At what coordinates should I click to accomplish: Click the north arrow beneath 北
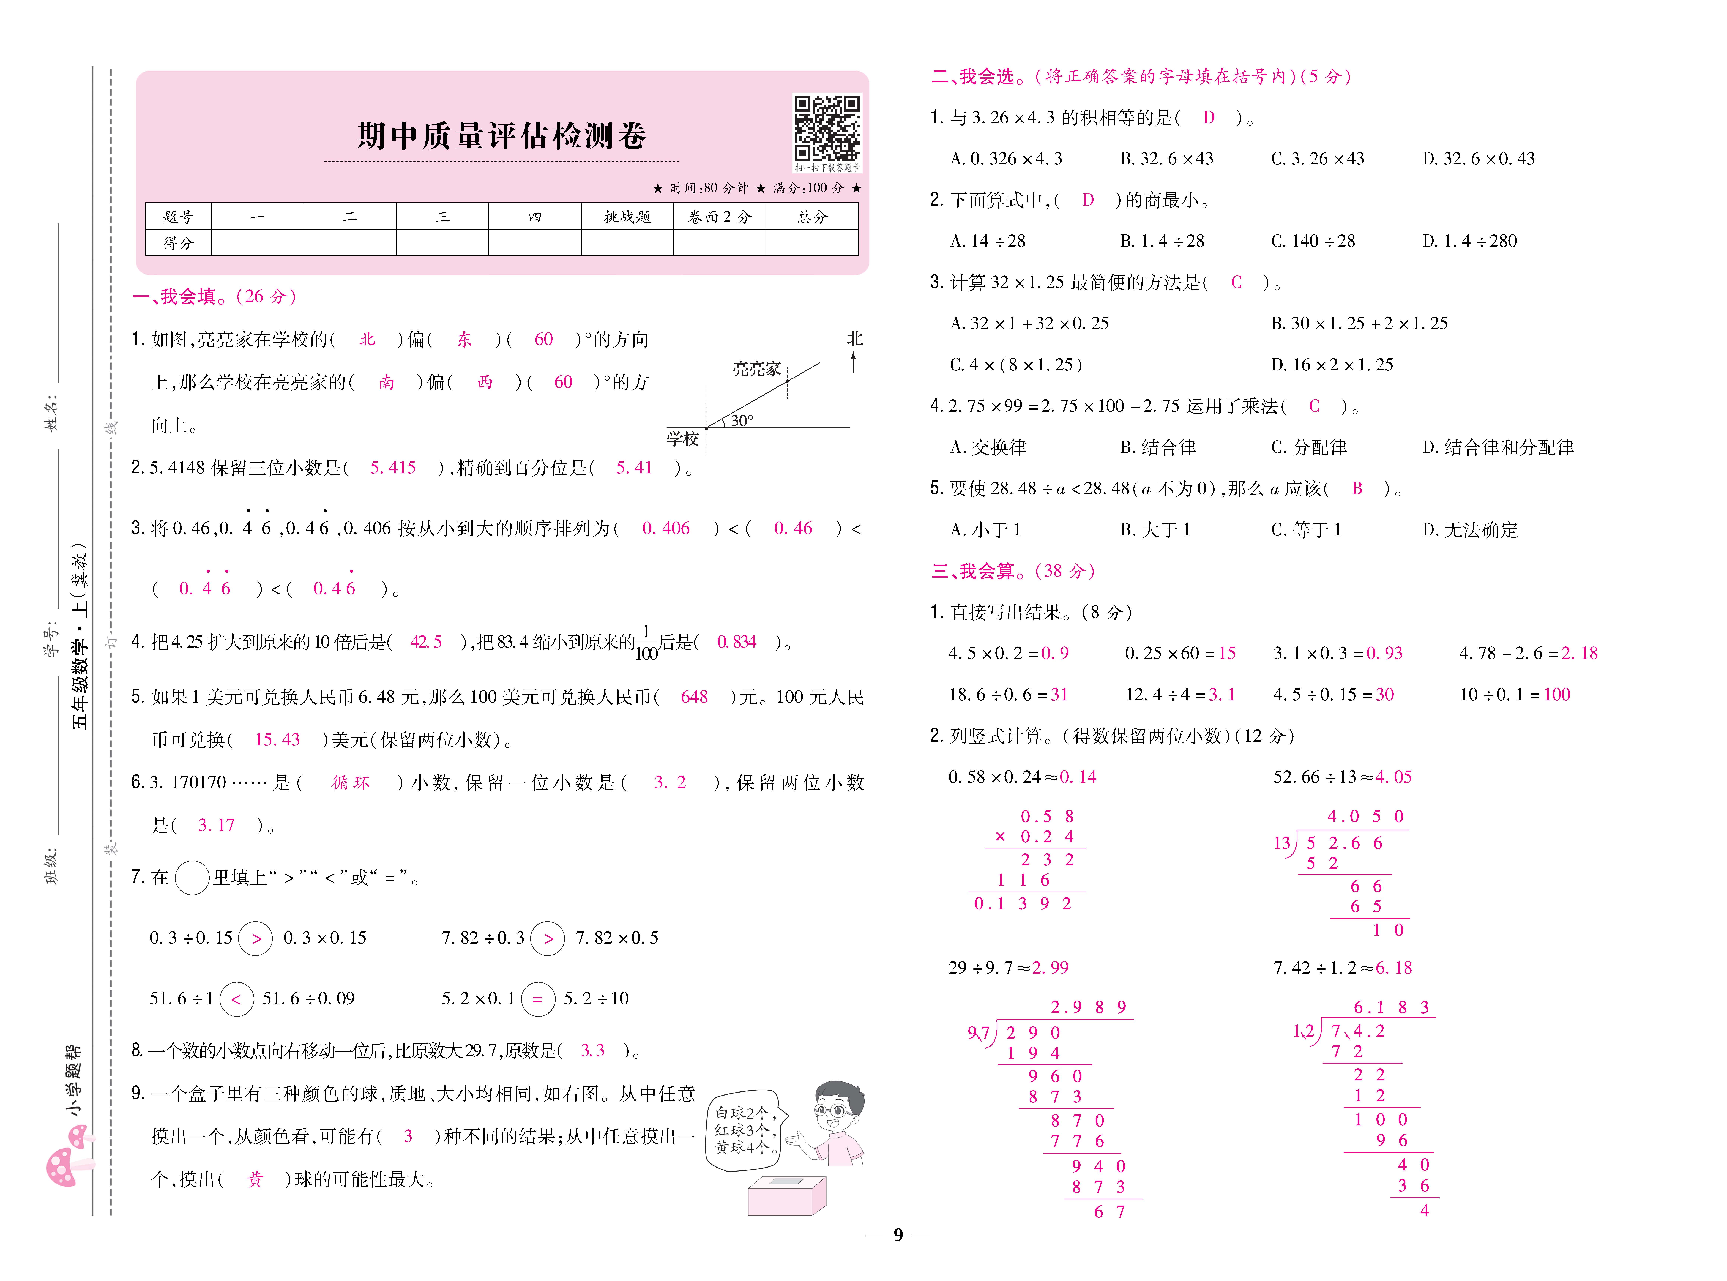click(x=854, y=361)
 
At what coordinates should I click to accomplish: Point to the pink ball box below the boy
click(x=786, y=1195)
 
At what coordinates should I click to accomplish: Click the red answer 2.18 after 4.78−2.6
click(x=1579, y=654)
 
